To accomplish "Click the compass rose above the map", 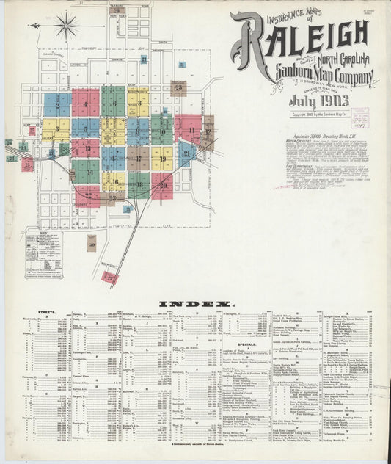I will (x=67, y=26).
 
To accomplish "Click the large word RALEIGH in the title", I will (x=304, y=37).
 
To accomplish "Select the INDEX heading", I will (x=194, y=303).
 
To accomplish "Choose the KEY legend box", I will (x=43, y=254).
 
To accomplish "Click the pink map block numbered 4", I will (x=85, y=104).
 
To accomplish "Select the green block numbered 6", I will (x=113, y=102).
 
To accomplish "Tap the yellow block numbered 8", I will (x=138, y=104).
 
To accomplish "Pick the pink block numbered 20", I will (x=161, y=185).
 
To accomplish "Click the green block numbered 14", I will (x=86, y=173).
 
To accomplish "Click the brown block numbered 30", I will (x=92, y=242).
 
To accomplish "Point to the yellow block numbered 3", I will (x=56, y=130).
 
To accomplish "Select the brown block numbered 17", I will (x=138, y=158).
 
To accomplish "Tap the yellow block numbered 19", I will (x=162, y=158).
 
